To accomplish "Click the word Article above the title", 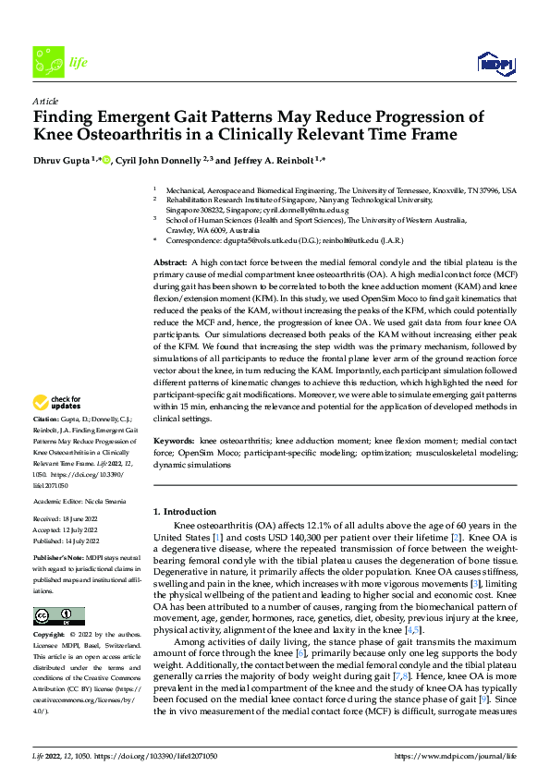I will (x=45, y=101).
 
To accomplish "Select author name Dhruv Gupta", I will (x=62, y=160).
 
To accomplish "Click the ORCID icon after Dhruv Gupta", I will (x=106, y=160).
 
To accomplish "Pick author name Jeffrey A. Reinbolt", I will (x=269, y=160).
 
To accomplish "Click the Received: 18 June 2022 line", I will (x=67, y=521).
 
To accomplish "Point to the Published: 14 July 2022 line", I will (x=67, y=541).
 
